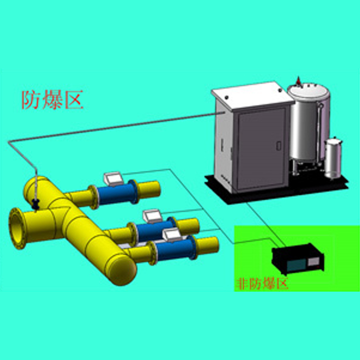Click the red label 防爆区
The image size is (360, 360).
point(52,100)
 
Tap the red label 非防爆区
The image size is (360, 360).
point(262,284)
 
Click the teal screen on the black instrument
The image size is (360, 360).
point(297,265)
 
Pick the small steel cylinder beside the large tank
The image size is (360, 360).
point(333,158)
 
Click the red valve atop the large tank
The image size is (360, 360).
point(298,81)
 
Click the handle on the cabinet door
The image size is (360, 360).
point(279,146)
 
